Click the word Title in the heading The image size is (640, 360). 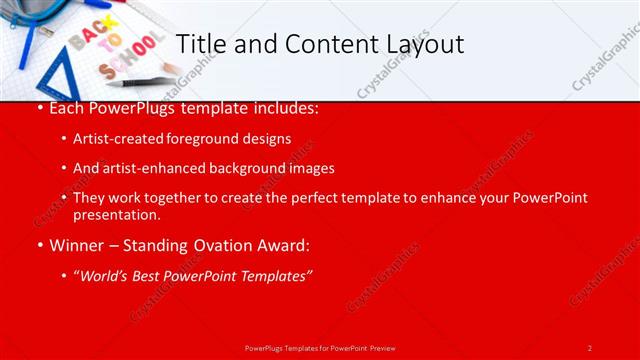pos(199,44)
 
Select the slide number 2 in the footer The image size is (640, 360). pos(590,347)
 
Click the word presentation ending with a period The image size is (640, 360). pos(116,214)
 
